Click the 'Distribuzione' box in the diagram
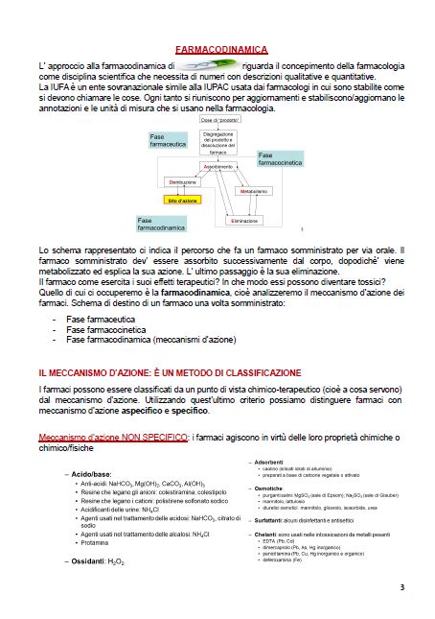click(x=182, y=181)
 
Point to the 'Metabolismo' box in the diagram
click(x=254, y=192)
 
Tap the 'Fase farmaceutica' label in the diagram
click(x=170, y=140)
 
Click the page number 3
click(x=402, y=586)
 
